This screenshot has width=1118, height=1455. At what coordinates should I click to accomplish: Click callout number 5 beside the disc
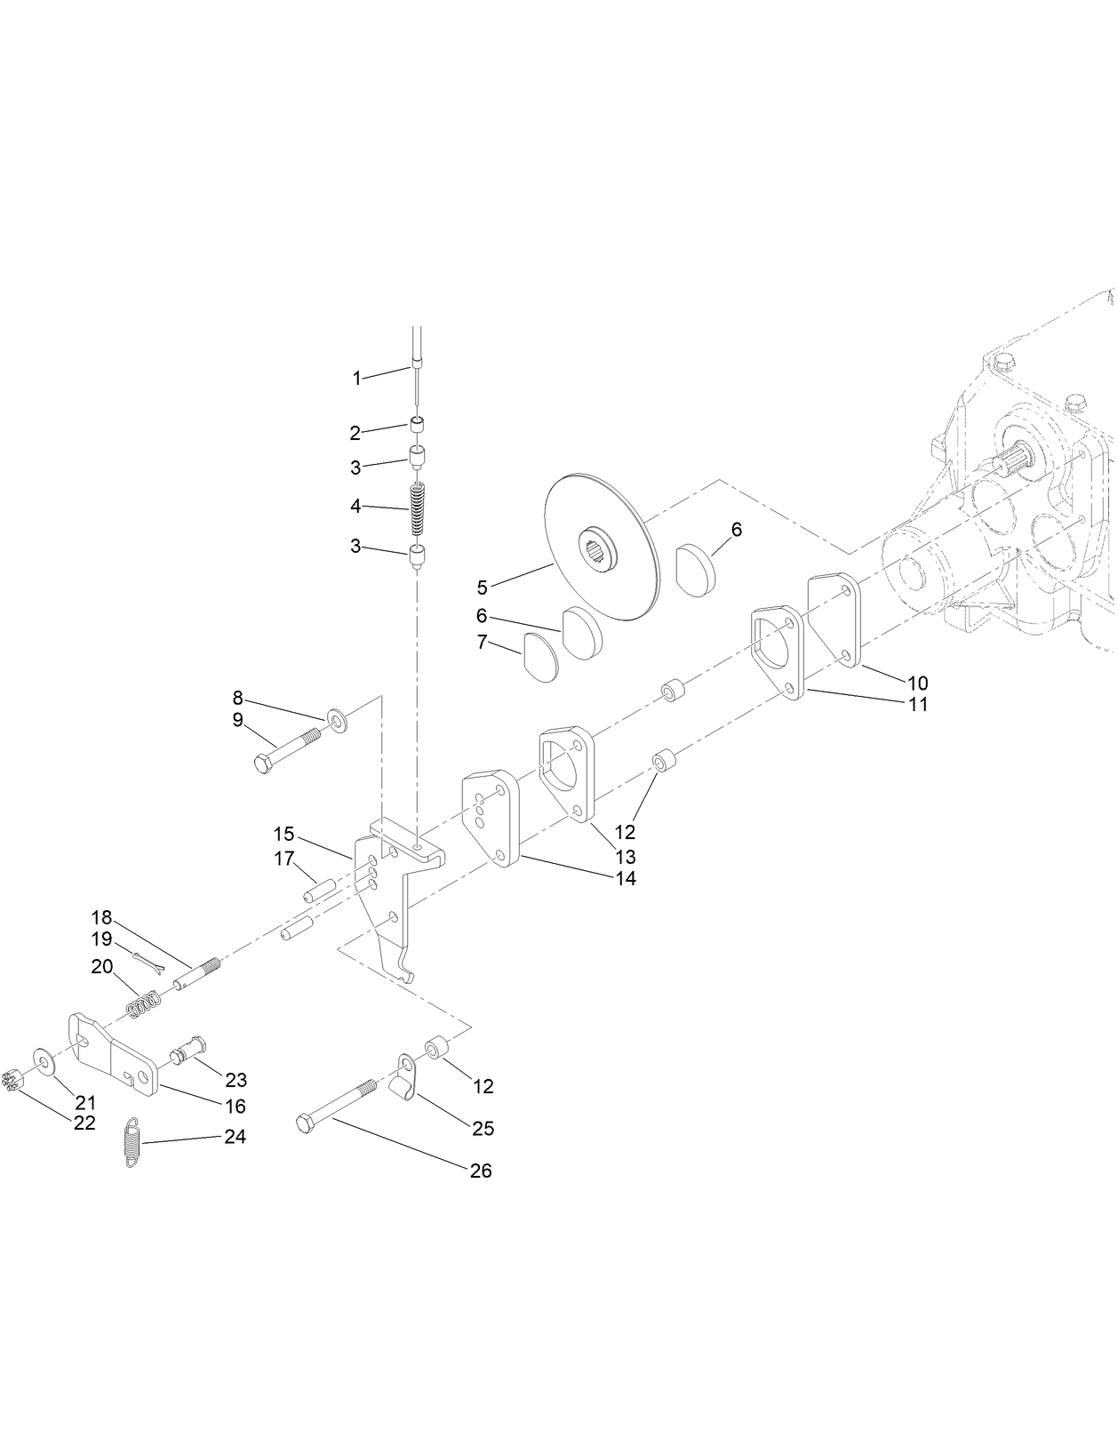click(x=483, y=588)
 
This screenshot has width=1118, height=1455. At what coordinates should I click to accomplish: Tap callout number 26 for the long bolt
click(x=480, y=1171)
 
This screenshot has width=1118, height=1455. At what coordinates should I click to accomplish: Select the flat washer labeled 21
click(x=43, y=1059)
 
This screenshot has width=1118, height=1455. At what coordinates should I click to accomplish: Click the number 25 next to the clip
click(x=483, y=1129)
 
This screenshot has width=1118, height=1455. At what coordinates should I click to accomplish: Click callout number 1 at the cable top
click(x=356, y=379)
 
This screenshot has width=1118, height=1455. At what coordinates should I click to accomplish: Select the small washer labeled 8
click(x=337, y=716)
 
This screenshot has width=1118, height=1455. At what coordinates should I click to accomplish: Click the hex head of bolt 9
click(x=264, y=763)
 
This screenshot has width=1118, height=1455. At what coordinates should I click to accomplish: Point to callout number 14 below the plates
click(x=626, y=878)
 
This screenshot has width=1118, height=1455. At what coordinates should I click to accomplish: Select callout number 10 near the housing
click(x=917, y=683)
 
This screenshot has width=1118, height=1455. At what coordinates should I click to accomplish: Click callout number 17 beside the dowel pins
click(x=283, y=859)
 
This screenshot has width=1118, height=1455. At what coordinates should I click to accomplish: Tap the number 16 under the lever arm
click(x=235, y=1107)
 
